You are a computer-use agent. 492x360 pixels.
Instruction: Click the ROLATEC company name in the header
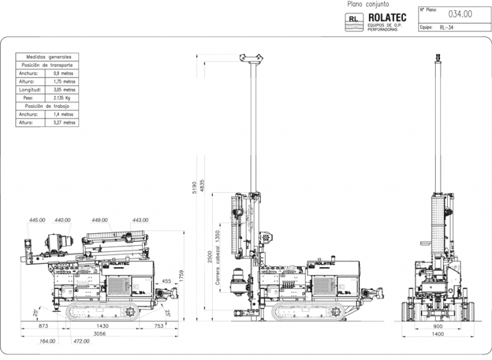(x=388, y=17)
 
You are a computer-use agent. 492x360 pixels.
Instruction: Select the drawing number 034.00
(x=460, y=13)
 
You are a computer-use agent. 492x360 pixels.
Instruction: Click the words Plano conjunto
(x=368, y=4)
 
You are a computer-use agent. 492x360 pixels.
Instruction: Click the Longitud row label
(x=29, y=90)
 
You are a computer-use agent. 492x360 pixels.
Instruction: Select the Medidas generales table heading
(x=47, y=57)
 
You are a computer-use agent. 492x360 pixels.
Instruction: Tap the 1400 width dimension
(x=438, y=334)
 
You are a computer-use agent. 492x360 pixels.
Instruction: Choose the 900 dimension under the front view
(x=438, y=326)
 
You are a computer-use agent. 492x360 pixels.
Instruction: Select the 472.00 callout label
(x=81, y=341)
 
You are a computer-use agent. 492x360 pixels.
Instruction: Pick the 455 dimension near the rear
(x=166, y=281)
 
